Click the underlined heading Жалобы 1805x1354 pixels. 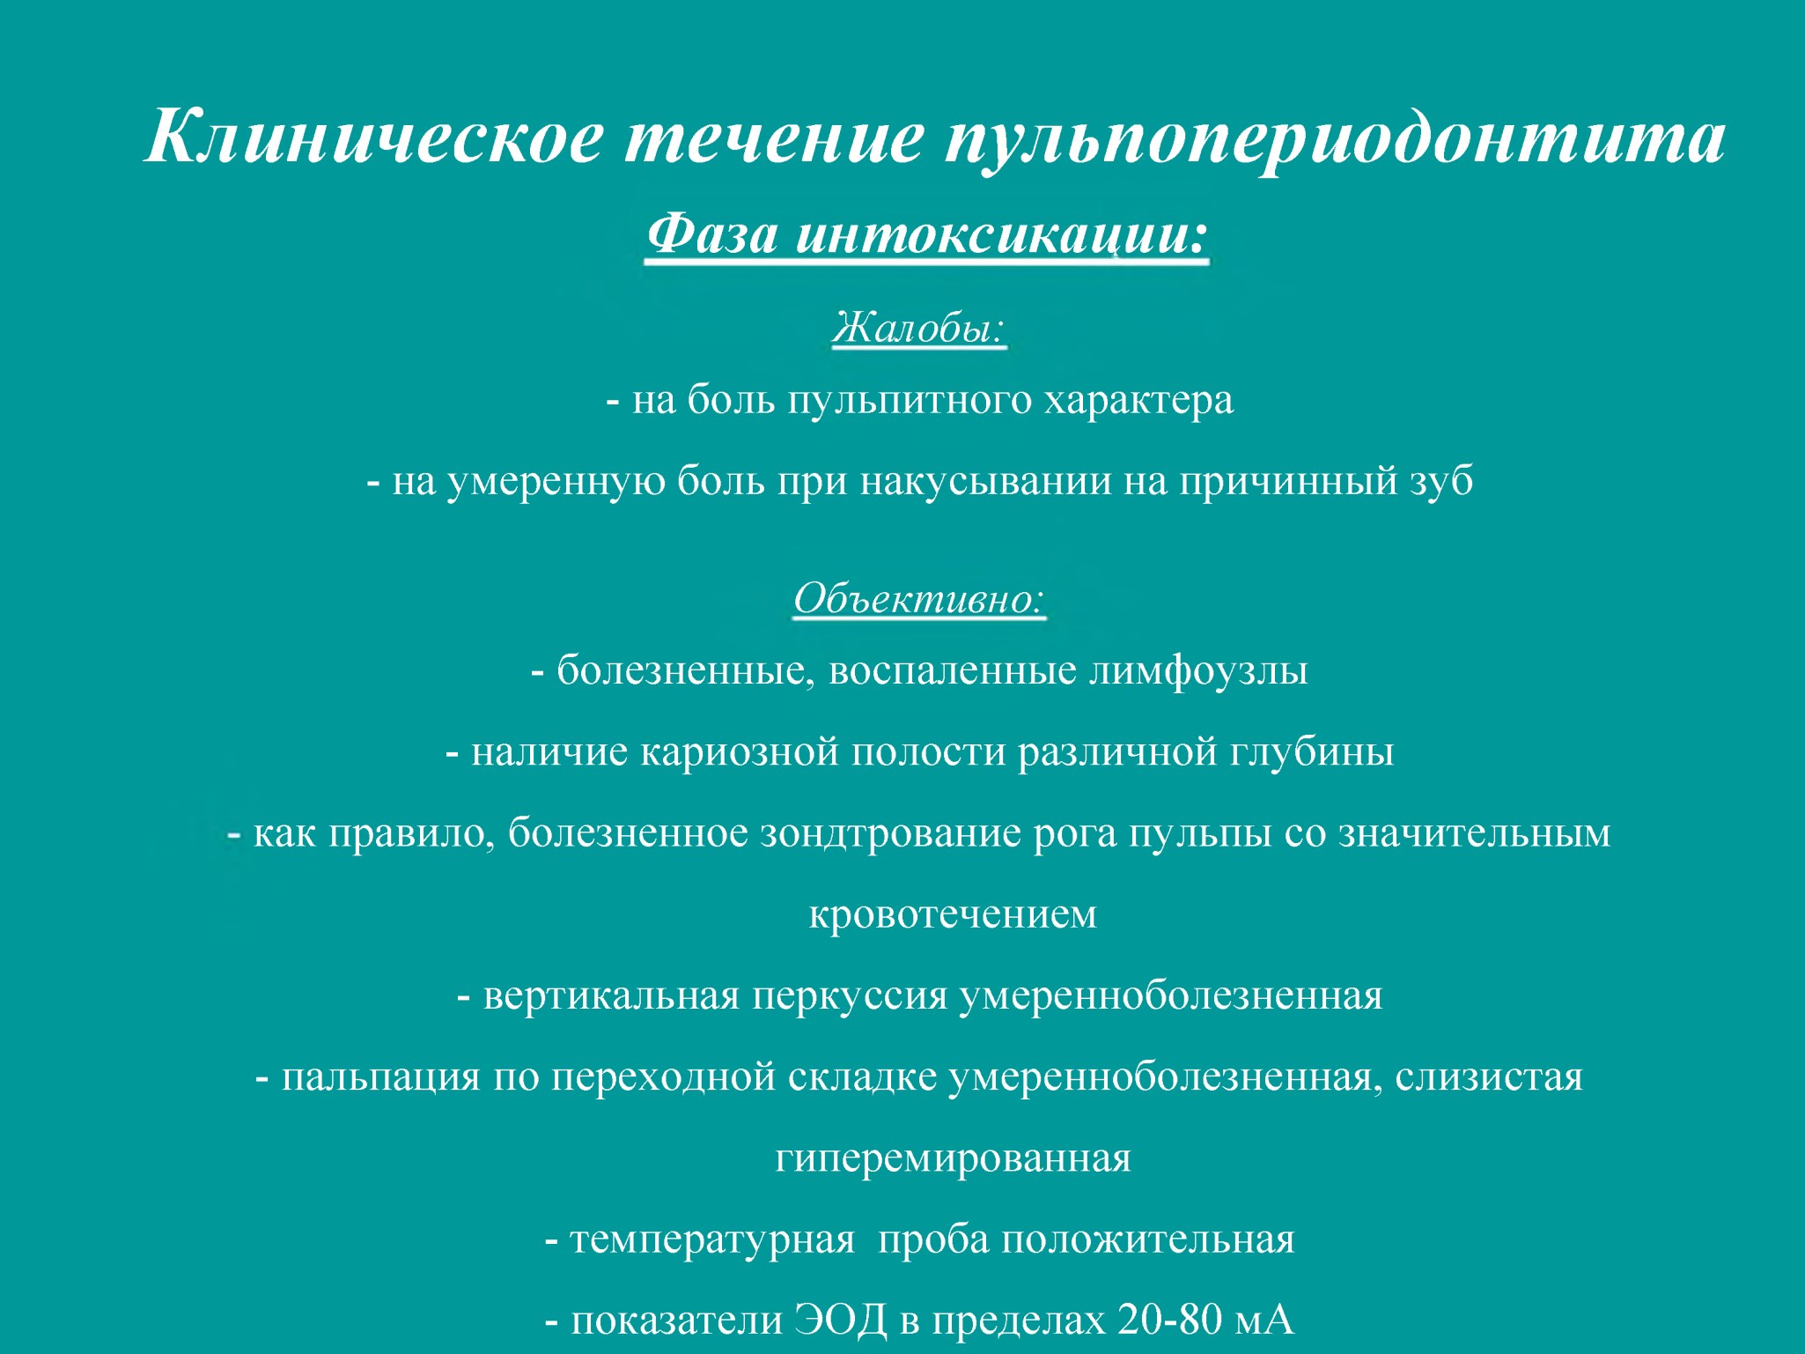coord(918,329)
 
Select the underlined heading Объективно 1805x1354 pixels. coord(919,598)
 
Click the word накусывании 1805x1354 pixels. coord(985,482)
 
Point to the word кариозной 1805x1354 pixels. coord(740,751)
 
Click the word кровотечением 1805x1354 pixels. coord(953,914)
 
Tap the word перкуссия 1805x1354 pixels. coord(850,996)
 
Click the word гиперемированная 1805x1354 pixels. coord(953,1158)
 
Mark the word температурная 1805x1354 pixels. coord(713,1240)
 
